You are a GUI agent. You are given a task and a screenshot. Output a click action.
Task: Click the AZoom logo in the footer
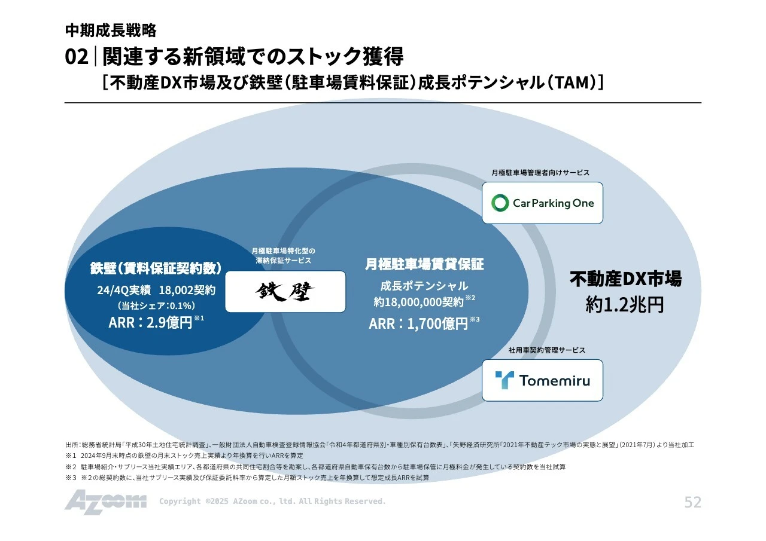[x=105, y=502]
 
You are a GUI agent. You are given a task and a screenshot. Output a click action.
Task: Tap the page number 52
[x=692, y=502]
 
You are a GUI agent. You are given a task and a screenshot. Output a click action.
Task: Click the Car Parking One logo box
[x=542, y=203]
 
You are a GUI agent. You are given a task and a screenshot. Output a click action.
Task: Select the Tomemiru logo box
[x=542, y=380]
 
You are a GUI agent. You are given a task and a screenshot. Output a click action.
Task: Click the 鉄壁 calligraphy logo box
[x=285, y=292]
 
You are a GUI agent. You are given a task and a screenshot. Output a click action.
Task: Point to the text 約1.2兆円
[x=625, y=305]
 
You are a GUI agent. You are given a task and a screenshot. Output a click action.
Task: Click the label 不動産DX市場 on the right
[x=625, y=279]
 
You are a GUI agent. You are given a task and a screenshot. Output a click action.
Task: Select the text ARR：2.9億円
[x=151, y=323]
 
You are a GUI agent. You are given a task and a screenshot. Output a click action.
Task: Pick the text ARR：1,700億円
[x=418, y=323]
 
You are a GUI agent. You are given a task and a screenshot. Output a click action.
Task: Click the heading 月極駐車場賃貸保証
[x=424, y=264]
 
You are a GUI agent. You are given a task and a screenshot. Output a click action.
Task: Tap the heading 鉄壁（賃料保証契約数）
[x=156, y=268]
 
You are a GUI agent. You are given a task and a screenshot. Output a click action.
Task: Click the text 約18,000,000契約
[x=420, y=302]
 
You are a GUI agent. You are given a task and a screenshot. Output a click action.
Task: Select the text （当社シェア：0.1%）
[x=156, y=305]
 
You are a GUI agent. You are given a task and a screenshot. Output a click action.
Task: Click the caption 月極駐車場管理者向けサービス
[x=540, y=172]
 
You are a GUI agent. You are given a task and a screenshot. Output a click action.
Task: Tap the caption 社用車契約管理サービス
[x=546, y=350]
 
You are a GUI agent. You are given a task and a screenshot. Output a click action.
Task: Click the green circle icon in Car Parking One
[x=500, y=203]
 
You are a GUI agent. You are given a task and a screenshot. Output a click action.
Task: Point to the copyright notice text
[x=272, y=502]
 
